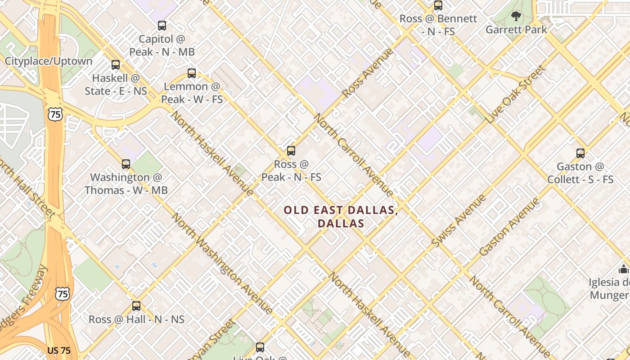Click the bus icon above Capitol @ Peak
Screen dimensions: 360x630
[x=162, y=26]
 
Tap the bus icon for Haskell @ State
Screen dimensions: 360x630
[x=116, y=65]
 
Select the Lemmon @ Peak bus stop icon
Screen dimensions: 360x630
[x=192, y=73]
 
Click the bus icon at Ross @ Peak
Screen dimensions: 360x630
[x=291, y=151]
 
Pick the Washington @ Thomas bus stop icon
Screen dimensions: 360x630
[x=126, y=164]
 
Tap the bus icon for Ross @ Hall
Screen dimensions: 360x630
[x=136, y=306]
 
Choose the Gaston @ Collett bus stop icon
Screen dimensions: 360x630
[x=580, y=153]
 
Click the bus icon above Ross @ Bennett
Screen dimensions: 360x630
[x=438, y=6]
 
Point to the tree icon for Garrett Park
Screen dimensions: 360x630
[x=516, y=17]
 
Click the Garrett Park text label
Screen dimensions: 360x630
[x=516, y=30]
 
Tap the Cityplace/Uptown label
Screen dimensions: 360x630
[x=49, y=61]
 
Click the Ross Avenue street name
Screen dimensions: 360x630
[x=368, y=73]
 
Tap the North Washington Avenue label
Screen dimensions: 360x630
[x=222, y=264]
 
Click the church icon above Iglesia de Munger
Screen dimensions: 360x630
[x=623, y=269]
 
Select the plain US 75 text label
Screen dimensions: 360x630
[x=59, y=351]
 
